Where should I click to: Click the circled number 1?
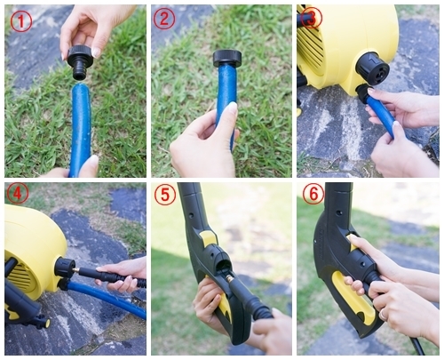21,22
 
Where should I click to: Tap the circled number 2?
164,19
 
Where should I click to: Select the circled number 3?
312,17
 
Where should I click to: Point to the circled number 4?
18,194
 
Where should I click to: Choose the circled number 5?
164,196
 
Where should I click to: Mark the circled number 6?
313,194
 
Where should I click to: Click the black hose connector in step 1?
80,63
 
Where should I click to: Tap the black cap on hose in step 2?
227,59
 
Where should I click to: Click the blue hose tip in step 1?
81,88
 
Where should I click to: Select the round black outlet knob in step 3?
372,68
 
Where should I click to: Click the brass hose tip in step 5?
229,279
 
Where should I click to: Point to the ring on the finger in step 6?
382,314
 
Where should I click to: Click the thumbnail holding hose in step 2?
232,108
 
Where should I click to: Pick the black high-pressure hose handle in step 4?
114,278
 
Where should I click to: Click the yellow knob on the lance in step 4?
45,322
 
